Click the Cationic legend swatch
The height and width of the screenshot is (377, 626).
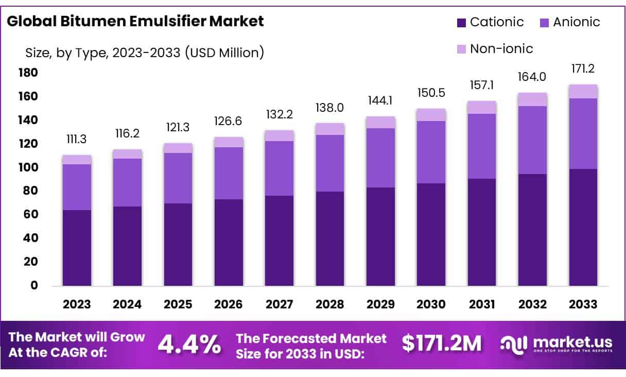pyautogui.click(x=461, y=23)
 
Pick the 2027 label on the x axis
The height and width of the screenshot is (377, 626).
pyautogui.click(x=280, y=304)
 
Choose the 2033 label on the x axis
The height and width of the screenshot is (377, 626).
pyautogui.click(x=583, y=304)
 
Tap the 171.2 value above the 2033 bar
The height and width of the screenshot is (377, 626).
pyautogui.click(x=583, y=68)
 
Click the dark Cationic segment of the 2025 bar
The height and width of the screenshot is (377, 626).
pyautogui.click(x=178, y=245)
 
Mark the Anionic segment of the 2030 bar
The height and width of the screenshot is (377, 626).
pyautogui.click(x=431, y=152)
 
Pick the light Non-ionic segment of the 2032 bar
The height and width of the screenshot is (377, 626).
pyautogui.click(x=533, y=99)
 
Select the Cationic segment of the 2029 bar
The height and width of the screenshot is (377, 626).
pyautogui.click(x=381, y=236)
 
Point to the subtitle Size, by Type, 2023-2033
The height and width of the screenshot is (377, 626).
pyautogui.click(x=145, y=52)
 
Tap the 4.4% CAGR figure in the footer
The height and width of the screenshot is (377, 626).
pyautogui.click(x=189, y=345)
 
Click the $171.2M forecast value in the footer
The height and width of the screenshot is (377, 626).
pyautogui.click(x=442, y=345)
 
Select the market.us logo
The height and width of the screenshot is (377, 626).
pyautogui.click(x=556, y=345)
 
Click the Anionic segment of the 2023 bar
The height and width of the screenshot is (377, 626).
pyautogui.click(x=77, y=187)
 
